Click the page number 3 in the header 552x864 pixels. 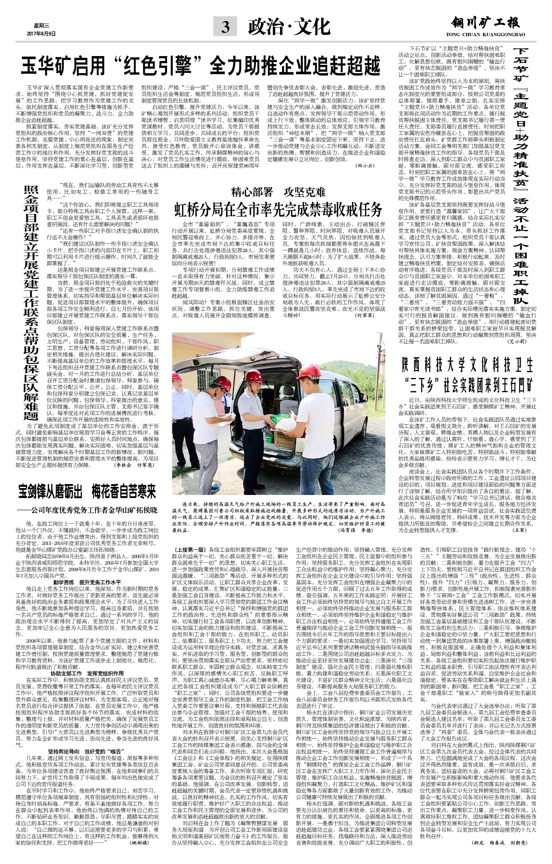pos(225,28)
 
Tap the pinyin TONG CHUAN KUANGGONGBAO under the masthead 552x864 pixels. pos(485,35)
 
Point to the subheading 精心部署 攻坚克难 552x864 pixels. pos(278,192)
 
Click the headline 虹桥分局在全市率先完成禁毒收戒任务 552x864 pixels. pos(278,210)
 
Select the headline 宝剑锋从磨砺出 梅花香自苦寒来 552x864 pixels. pos(87,492)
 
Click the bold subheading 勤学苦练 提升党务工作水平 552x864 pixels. pos(88,582)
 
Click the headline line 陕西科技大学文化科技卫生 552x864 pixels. pos(467,365)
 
